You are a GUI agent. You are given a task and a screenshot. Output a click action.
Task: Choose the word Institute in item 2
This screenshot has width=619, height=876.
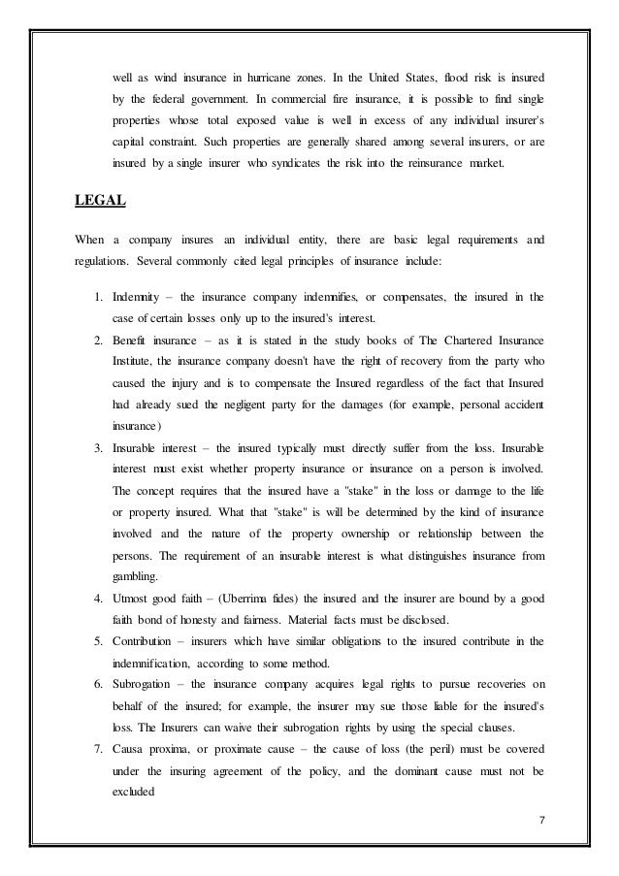[x=136, y=366]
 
